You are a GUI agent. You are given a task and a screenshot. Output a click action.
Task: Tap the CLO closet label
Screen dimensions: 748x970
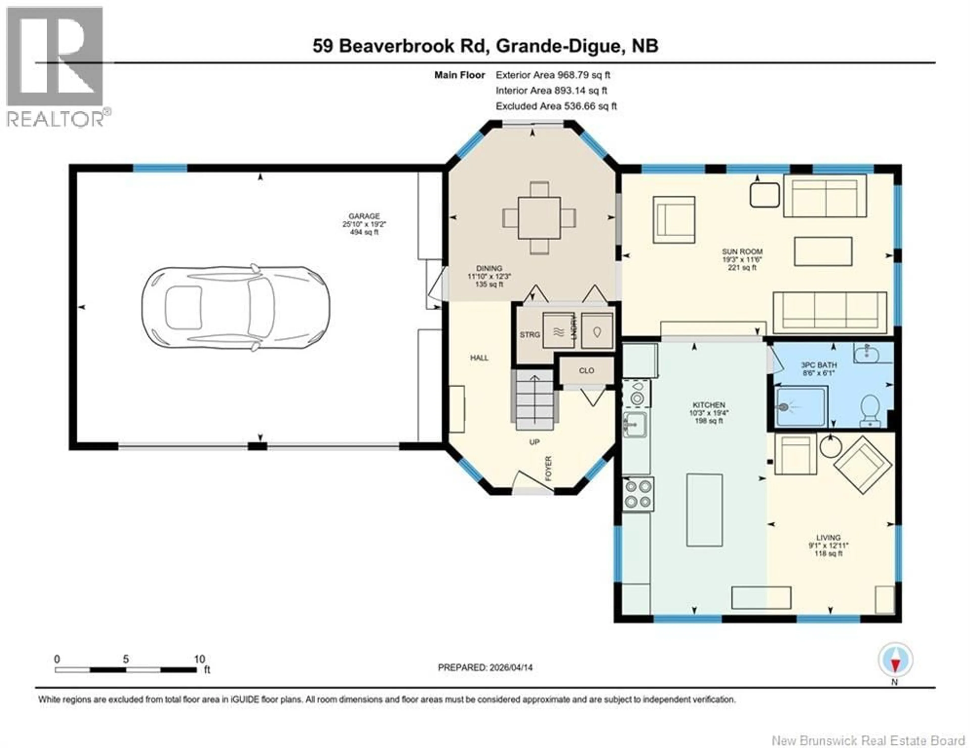click(x=586, y=370)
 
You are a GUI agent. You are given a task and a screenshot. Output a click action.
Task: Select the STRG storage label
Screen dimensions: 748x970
click(x=530, y=335)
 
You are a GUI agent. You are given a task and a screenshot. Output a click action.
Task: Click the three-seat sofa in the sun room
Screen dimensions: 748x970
click(x=830, y=312)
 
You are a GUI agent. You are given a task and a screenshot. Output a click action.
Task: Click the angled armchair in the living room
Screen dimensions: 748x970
click(x=863, y=465)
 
